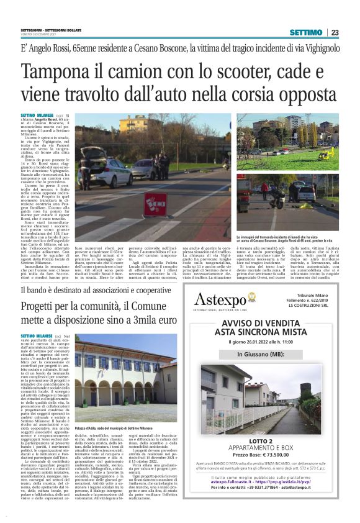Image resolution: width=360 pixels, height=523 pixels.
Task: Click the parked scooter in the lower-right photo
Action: point(281,211)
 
